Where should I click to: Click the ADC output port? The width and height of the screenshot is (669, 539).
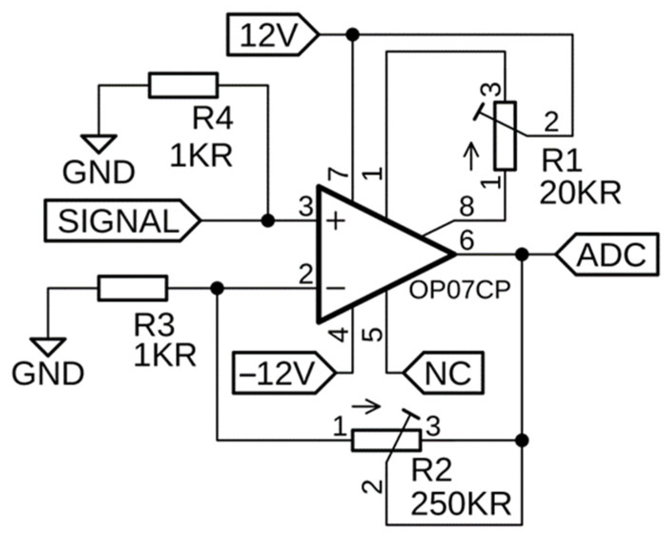click(x=609, y=254)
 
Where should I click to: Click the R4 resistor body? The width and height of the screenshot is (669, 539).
click(x=183, y=86)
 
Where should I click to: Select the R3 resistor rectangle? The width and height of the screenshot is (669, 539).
click(x=132, y=288)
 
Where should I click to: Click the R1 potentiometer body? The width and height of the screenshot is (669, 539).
click(x=505, y=136)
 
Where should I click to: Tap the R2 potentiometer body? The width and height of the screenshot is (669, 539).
click(x=386, y=440)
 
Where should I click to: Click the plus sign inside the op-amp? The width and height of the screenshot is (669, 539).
click(x=336, y=221)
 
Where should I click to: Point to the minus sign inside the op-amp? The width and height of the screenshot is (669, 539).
click(x=336, y=288)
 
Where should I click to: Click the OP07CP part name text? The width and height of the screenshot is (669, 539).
click(x=459, y=289)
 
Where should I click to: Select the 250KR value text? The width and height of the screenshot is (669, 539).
click(x=461, y=504)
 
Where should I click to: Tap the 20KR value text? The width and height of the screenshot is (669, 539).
click(x=580, y=193)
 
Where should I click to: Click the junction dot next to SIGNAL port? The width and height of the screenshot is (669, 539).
click(x=268, y=221)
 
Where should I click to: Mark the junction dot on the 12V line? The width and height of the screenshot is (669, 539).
click(x=353, y=34)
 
